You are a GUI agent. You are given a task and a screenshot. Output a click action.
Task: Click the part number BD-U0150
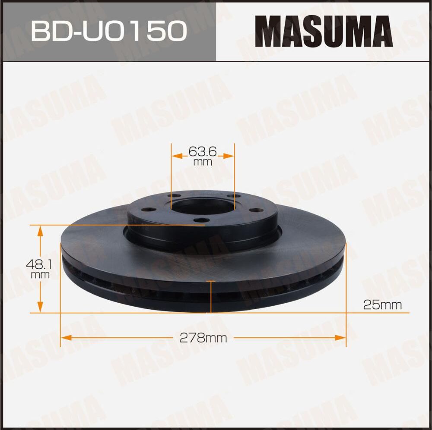click(x=108, y=31)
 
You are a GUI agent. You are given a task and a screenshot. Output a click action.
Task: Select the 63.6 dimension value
click(x=202, y=152)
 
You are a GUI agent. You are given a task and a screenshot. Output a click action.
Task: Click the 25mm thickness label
click(x=382, y=305)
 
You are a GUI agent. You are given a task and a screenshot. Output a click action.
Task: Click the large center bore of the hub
click(x=202, y=206)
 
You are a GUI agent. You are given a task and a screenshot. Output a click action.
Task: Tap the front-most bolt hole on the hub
click(x=201, y=221)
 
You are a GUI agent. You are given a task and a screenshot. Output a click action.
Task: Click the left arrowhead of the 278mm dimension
click(x=64, y=338)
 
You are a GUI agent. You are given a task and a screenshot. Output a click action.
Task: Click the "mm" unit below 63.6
click(x=202, y=162)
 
